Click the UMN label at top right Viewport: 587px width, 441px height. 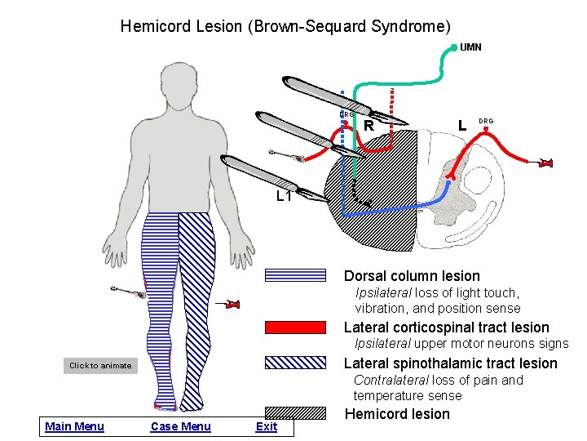[470, 47]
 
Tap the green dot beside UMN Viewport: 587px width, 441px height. [454, 47]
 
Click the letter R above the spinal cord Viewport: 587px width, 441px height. [369, 127]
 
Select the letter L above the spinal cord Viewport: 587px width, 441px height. [462, 126]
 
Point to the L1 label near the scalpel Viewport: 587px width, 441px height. [284, 197]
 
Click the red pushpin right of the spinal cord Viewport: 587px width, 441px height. [546, 164]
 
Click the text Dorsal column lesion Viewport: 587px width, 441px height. [412, 276]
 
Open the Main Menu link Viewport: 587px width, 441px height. [74, 426]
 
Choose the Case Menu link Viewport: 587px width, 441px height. [180, 426]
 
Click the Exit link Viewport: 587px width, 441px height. [266, 426]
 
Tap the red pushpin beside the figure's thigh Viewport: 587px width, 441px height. [232, 305]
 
